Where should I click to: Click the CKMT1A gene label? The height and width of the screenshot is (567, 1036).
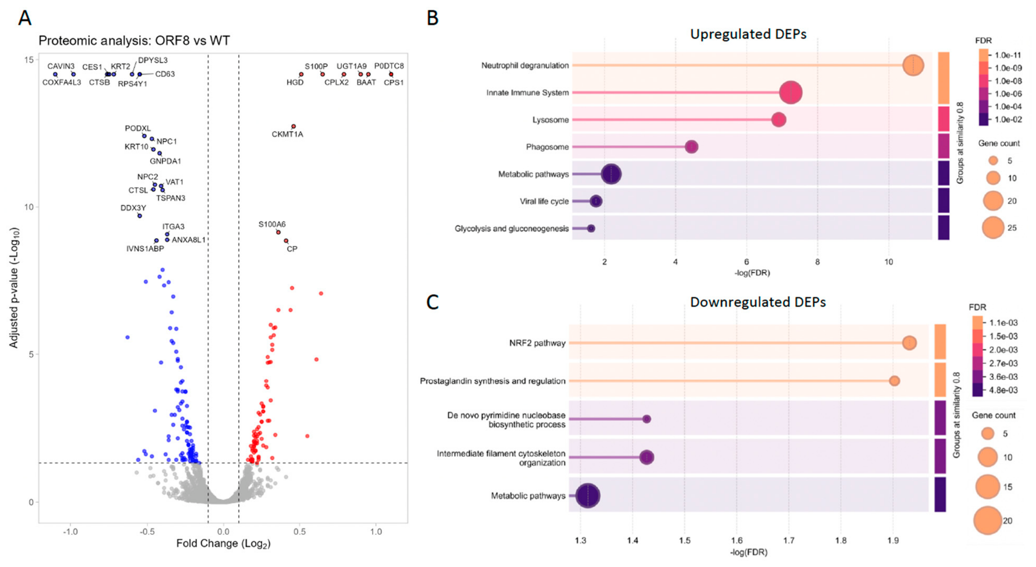pyautogui.click(x=287, y=134)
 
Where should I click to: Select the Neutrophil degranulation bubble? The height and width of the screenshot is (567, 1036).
pyautogui.click(x=912, y=66)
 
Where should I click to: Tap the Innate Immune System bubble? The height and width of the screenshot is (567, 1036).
pyautogui.click(x=790, y=93)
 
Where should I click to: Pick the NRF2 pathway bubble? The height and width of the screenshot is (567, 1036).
pyautogui.click(x=909, y=343)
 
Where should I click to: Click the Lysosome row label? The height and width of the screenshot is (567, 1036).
pyautogui.click(x=550, y=120)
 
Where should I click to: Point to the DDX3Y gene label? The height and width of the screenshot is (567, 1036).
pyautogui.click(x=133, y=208)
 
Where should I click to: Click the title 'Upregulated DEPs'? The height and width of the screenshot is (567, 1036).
pyautogui.click(x=748, y=34)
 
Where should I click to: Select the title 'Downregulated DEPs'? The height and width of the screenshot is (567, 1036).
pyautogui.click(x=758, y=302)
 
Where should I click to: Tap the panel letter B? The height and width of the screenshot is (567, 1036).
pyautogui.click(x=433, y=18)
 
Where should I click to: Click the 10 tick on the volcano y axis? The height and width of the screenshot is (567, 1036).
pyautogui.click(x=29, y=207)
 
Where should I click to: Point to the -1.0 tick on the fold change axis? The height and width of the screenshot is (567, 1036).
pyautogui.click(x=70, y=532)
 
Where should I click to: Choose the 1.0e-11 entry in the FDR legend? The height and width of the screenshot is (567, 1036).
pyautogui.click(x=1007, y=55)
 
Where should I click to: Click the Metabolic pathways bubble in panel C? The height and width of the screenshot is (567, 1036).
pyautogui.click(x=588, y=496)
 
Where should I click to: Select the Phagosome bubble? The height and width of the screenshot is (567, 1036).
pyautogui.click(x=691, y=147)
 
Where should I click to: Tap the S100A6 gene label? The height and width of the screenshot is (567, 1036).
pyautogui.click(x=272, y=224)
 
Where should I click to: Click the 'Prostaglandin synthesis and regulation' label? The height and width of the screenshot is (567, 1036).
pyautogui.click(x=492, y=381)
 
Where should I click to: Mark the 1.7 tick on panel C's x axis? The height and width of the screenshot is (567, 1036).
pyautogui.click(x=789, y=540)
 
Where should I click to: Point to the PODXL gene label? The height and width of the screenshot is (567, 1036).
pyautogui.click(x=138, y=128)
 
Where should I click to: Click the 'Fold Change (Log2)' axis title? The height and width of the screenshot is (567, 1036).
pyautogui.click(x=223, y=544)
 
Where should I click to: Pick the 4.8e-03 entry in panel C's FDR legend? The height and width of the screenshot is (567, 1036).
pyautogui.click(x=1003, y=390)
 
